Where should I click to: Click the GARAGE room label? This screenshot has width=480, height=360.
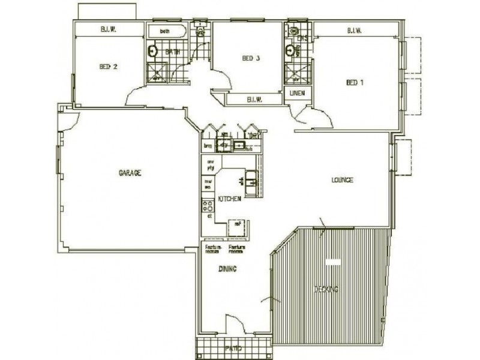point(130,173)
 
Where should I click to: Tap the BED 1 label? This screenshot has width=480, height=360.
point(355,82)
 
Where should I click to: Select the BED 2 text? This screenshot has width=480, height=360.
point(108,67)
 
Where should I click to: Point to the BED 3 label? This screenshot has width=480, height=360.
point(251,58)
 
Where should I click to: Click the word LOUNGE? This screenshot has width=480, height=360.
point(342,180)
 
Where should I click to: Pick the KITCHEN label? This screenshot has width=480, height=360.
point(229,199)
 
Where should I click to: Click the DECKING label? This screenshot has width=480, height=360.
point(326,289)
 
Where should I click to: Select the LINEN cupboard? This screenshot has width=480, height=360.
point(297,94)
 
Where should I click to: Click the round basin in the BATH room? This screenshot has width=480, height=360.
point(153,50)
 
